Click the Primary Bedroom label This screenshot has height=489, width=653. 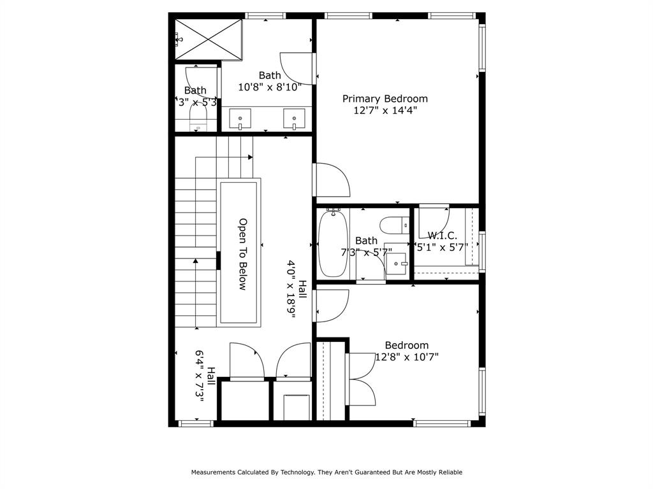click(385, 99)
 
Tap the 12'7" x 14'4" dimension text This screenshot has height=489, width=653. click(385, 110)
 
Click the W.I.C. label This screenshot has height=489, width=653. click(442, 236)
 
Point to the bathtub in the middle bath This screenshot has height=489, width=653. click(332, 244)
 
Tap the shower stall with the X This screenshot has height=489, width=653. click(209, 39)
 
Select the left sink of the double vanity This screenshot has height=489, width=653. click(240, 118)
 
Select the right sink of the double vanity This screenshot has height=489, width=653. click(294, 118)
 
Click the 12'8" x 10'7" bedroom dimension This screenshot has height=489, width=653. click(407, 357)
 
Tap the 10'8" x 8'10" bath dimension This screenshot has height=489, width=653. click(270, 87)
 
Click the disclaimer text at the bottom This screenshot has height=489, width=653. click(326, 472)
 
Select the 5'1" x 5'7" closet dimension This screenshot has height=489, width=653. click(443, 247)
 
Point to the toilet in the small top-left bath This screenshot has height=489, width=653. click(199, 118)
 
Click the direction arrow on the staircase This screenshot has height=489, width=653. click(195, 260)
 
